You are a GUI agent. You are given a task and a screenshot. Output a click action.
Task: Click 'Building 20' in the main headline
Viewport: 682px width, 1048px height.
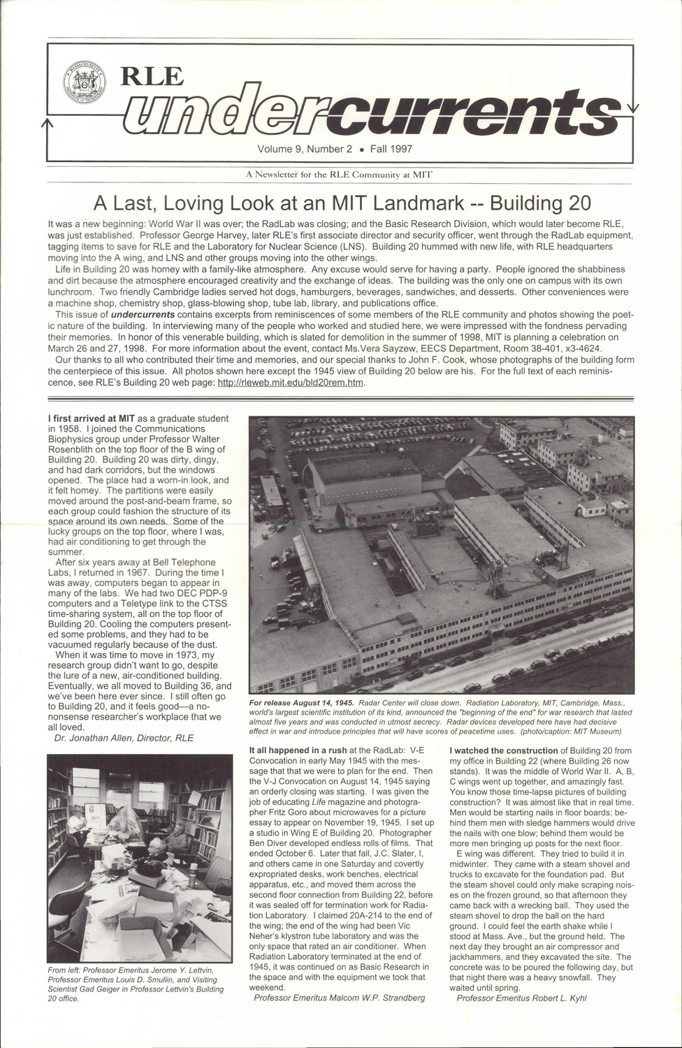539,203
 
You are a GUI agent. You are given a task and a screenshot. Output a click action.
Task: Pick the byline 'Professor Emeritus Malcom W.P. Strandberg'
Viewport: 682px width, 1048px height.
340,998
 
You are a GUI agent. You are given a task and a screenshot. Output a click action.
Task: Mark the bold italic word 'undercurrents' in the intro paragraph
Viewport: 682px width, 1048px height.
143,315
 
